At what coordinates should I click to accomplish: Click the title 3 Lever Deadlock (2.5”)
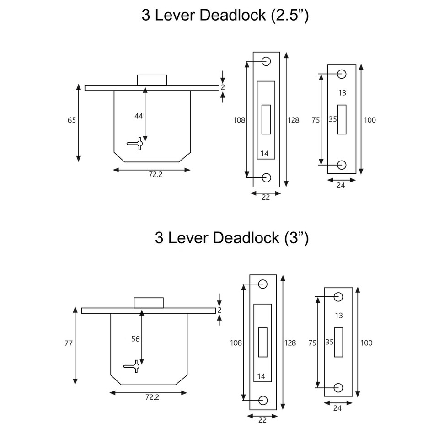[225, 16]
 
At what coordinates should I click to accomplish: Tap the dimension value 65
[72, 120]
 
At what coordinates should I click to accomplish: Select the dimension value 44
[139, 116]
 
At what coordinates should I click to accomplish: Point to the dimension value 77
[69, 343]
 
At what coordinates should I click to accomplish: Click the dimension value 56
[136, 339]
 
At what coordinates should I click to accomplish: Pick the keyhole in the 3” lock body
[133, 367]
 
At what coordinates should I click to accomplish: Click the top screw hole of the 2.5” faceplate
[266, 61]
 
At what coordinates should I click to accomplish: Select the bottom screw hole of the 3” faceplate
[262, 400]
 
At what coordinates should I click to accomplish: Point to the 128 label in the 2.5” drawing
[293, 120]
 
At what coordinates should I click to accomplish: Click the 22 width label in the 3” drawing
[262, 421]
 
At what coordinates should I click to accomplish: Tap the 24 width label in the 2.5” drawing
[340, 185]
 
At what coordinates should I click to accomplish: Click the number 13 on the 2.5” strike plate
[342, 93]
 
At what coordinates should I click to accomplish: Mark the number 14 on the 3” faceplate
[261, 376]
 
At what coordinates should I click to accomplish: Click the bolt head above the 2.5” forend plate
[152, 80]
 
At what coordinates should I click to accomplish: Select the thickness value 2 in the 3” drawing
[219, 310]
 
